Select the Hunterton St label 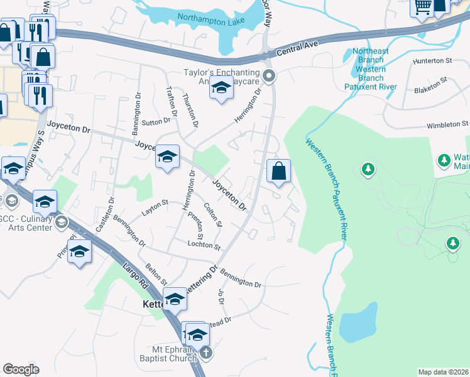pyautogui.click(x=432, y=62)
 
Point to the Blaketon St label pyautogui.click(x=430, y=85)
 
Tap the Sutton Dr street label pyautogui.click(x=158, y=121)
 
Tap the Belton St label pyautogui.click(x=156, y=274)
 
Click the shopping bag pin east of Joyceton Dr pyautogui.click(x=278, y=172)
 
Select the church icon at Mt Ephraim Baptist pyautogui.click(x=205, y=352)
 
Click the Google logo pyautogui.click(x=21, y=369)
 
